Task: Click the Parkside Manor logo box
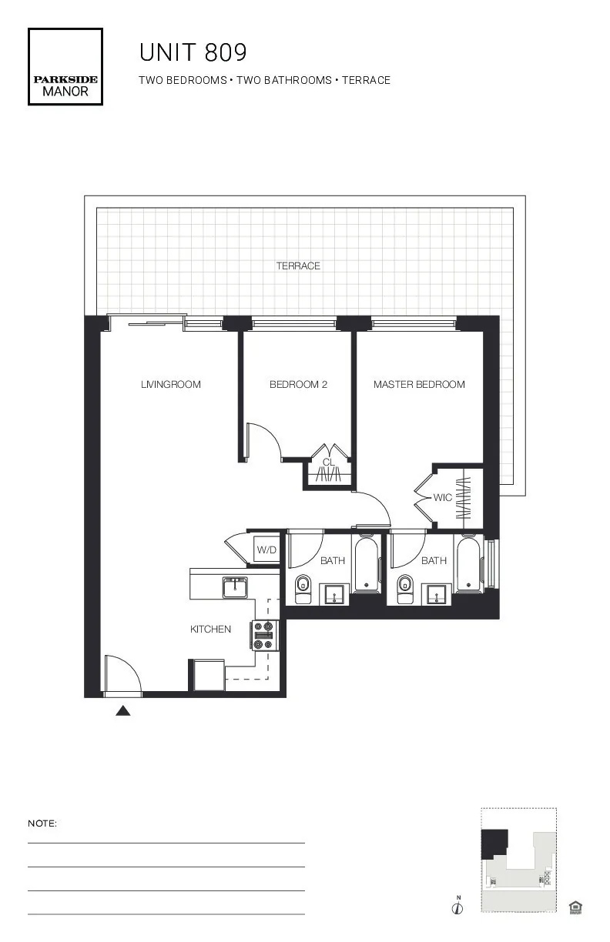click(x=65, y=67)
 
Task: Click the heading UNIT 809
click(x=193, y=53)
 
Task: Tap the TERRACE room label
click(x=298, y=266)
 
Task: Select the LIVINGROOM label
click(x=170, y=385)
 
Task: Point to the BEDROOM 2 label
click(x=298, y=385)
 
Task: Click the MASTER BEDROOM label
click(x=419, y=385)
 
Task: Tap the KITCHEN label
click(x=210, y=630)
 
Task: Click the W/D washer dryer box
click(x=266, y=550)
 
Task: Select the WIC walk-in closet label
click(x=442, y=498)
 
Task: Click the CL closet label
click(x=328, y=463)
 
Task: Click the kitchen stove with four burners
click(x=263, y=636)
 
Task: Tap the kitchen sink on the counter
click(x=234, y=588)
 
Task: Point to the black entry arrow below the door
click(x=122, y=711)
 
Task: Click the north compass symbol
click(x=457, y=907)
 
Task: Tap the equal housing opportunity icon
click(x=575, y=908)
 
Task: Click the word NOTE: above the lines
click(x=42, y=823)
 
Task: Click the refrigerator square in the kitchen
click(x=207, y=676)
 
